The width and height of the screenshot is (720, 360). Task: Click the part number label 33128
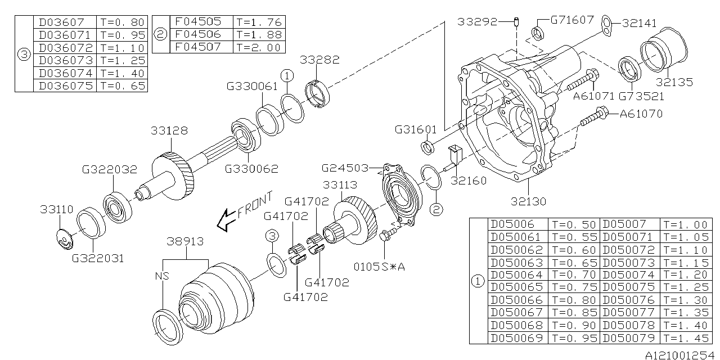click(x=169, y=130)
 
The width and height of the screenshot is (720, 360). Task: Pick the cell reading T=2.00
click(x=259, y=48)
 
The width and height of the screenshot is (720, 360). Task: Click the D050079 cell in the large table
click(x=629, y=337)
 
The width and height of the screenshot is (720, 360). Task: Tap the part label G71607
click(x=571, y=20)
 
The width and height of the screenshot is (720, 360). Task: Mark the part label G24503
click(x=344, y=168)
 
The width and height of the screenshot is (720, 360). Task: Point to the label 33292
click(x=477, y=22)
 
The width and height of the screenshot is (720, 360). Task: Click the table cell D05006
click(x=512, y=224)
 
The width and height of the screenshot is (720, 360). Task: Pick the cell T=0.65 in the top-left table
click(x=122, y=85)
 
